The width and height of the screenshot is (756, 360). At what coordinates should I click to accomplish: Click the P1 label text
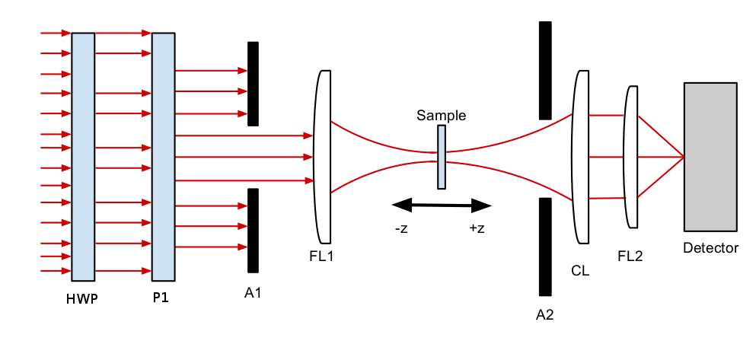161,298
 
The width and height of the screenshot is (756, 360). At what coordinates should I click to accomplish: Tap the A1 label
253,291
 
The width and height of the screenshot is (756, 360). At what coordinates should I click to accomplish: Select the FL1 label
321,256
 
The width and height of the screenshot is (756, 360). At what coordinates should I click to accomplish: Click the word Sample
441,116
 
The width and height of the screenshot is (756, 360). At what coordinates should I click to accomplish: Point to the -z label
401,228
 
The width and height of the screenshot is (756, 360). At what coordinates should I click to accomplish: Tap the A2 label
544,314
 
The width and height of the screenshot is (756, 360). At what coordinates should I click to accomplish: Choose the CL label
580,269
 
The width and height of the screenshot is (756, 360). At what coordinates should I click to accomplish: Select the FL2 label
630,256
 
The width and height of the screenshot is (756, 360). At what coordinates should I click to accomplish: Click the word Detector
710,248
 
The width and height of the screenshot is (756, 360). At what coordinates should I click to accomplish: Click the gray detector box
710,156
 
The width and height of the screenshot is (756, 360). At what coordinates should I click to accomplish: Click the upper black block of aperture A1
253,84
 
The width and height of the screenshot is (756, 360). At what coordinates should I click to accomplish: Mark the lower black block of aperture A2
545,246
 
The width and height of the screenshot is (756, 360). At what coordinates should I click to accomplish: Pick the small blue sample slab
442,157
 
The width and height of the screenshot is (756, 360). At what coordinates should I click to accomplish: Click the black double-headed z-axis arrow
441,205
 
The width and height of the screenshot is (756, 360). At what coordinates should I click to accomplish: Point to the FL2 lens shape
631,156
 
